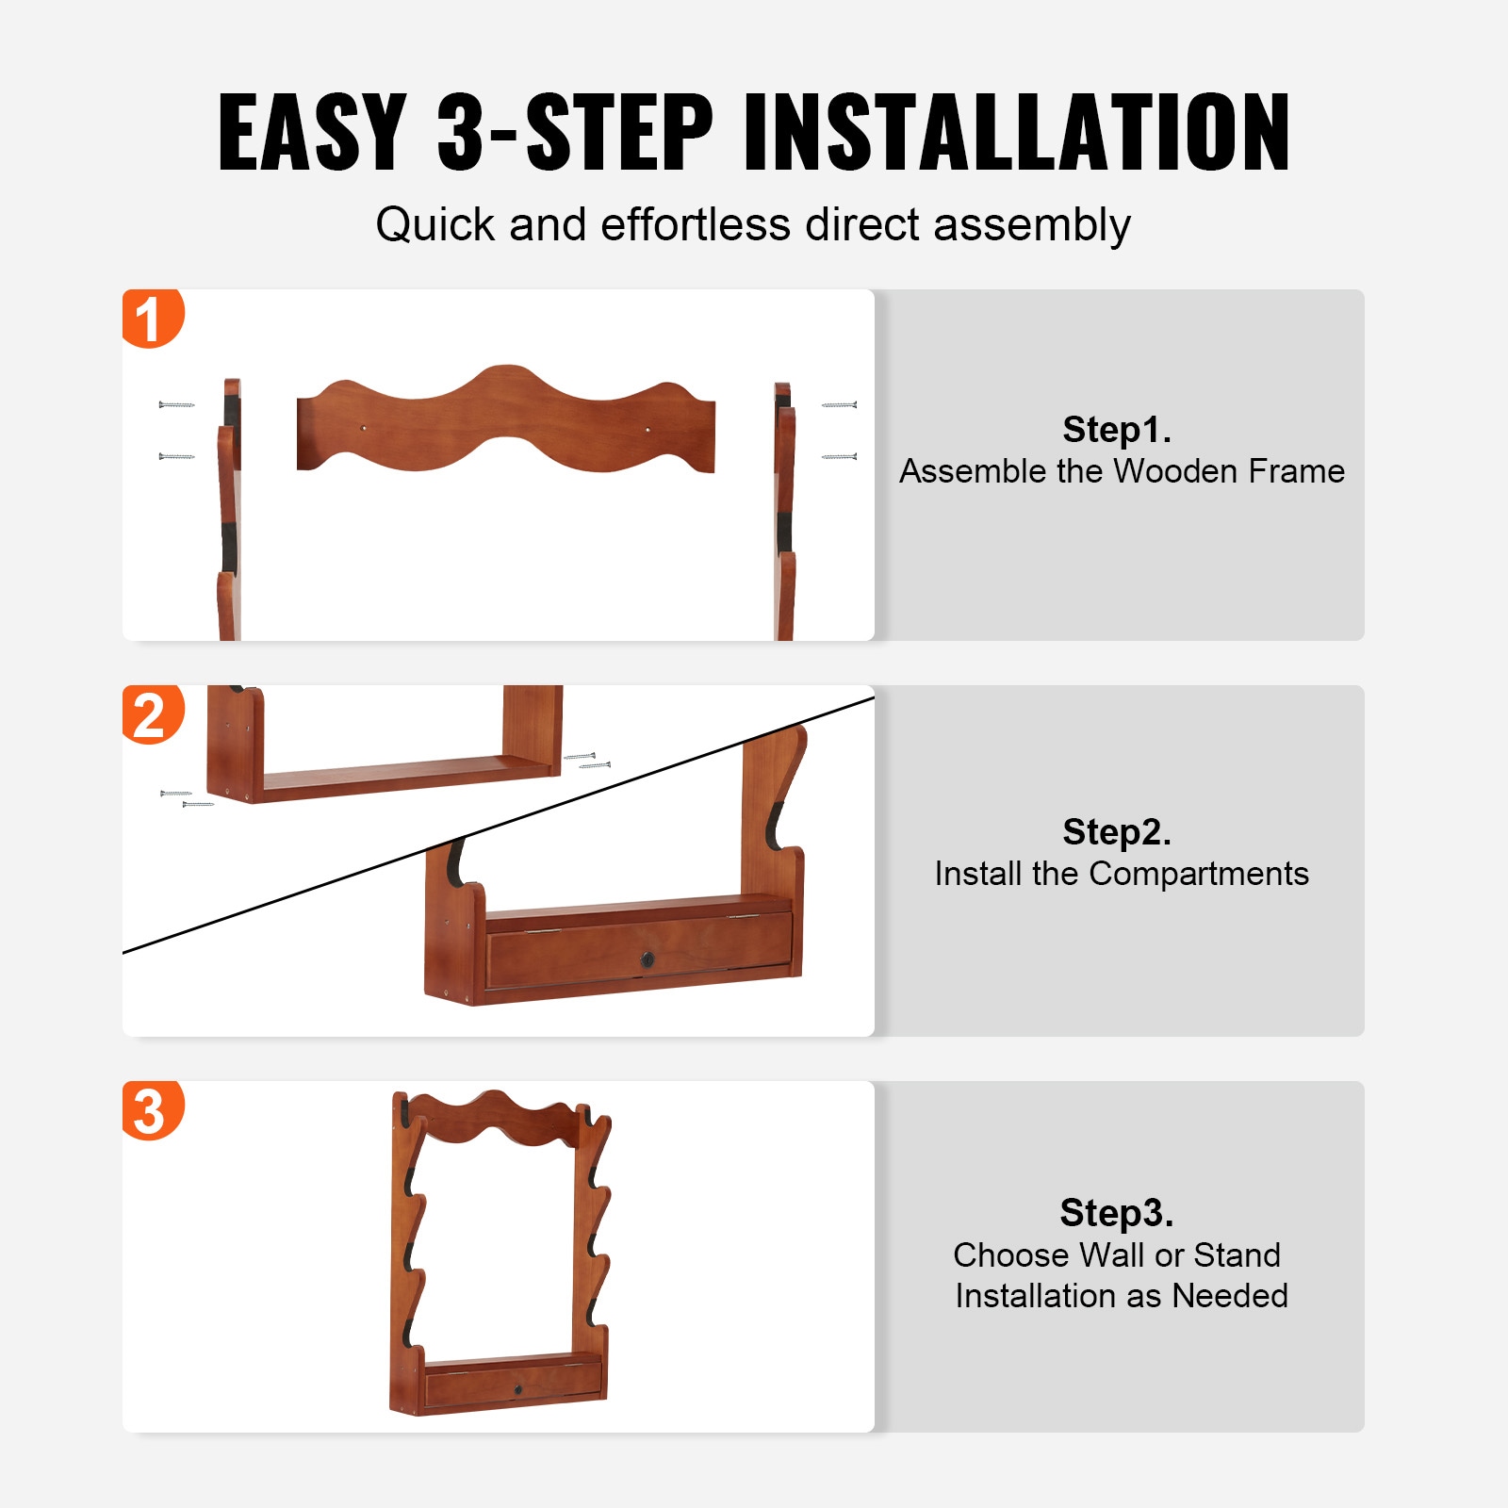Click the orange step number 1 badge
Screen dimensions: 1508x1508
[x=152, y=318]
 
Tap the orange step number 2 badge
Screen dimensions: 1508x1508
[x=152, y=713]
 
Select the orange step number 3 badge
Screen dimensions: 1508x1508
[x=152, y=1109]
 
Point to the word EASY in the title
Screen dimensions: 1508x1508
[x=312, y=132]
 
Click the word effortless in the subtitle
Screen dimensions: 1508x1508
[x=696, y=224]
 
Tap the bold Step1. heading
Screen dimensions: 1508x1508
[x=1117, y=430]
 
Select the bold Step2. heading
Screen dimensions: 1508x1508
[x=1117, y=832]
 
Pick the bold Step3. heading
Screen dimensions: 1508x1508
[x=1117, y=1213]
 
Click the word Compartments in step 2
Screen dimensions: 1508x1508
[x=1199, y=875]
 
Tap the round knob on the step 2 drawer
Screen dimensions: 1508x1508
[x=647, y=959]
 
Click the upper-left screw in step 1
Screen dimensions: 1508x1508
[x=177, y=405]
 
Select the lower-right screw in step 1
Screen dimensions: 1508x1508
[x=839, y=457]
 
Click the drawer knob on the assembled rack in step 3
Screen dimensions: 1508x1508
[x=517, y=1390]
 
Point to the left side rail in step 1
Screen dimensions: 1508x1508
[x=229, y=510]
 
